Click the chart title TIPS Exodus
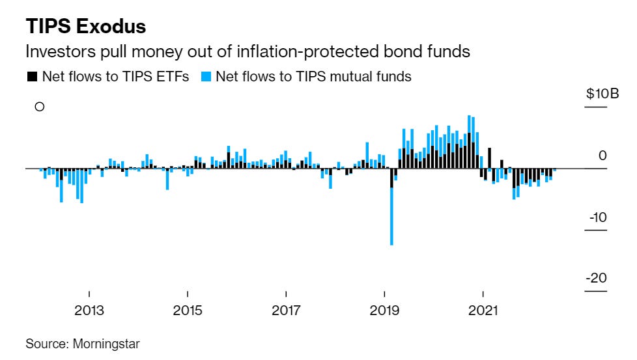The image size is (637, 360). point(85,27)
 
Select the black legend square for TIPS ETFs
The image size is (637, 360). point(31,77)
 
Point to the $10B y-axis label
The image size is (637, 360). point(602,94)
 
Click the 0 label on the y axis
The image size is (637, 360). point(602,155)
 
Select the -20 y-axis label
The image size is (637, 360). point(597,278)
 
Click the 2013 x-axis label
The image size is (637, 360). point(89,310)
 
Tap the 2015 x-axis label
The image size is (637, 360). point(188,310)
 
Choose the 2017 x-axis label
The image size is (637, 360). point(286,310)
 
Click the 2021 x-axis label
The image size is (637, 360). point(483,310)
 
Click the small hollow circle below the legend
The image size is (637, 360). point(39,107)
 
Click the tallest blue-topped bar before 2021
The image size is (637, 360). point(470,124)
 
